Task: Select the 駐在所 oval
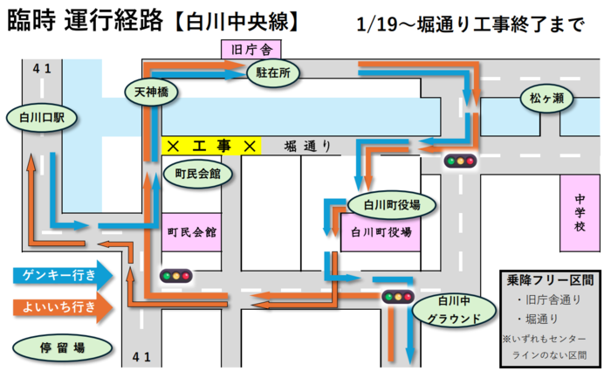[273, 74]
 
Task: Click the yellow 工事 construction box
[212, 146]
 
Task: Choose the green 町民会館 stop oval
[197, 174]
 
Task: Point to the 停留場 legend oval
[62, 347]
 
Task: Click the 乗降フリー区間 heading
[551, 280]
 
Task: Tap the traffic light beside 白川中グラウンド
[397, 297]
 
